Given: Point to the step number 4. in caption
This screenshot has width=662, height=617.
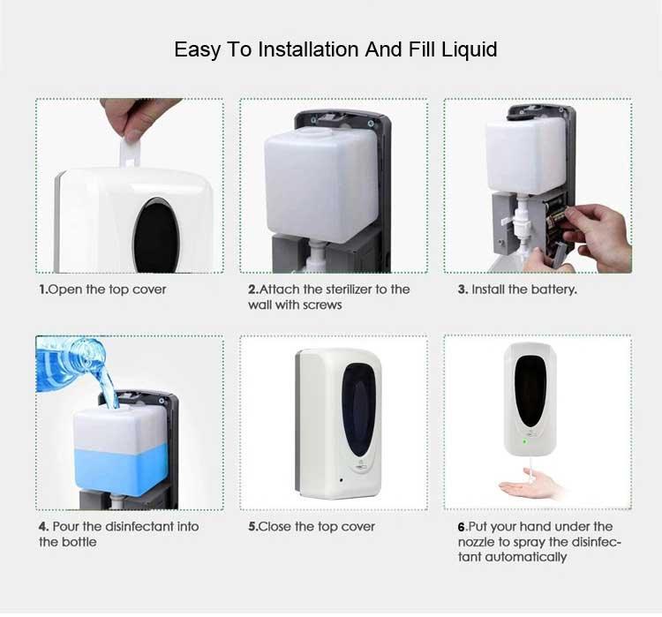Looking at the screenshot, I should click(43, 526).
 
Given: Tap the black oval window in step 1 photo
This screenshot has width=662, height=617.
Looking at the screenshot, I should click(147, 228).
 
